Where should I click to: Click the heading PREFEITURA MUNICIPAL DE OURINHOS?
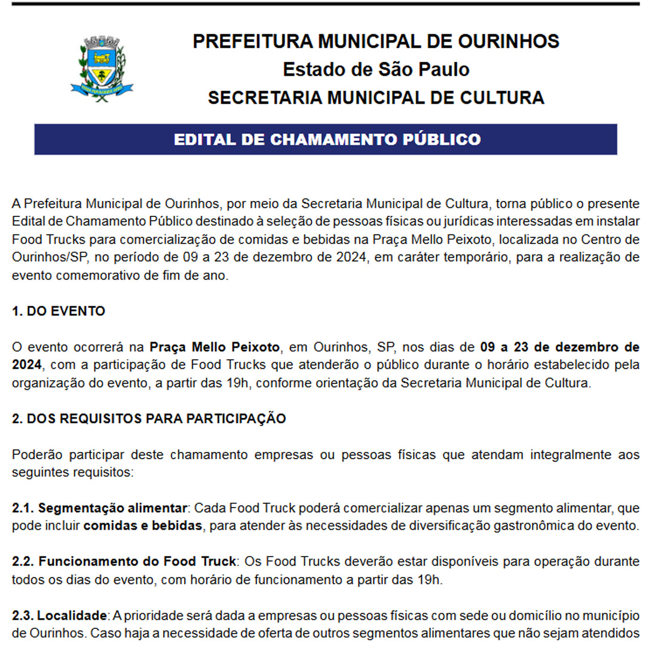coord(376,41)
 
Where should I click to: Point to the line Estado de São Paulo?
coord(376,69)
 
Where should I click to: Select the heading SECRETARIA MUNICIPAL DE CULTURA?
coord(376,97)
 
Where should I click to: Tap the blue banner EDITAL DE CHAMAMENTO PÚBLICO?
coord(326,139)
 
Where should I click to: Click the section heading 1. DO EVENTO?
coord(59,311)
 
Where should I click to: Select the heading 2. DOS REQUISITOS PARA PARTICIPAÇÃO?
coord(149,418)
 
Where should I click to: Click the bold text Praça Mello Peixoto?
coord(215,347)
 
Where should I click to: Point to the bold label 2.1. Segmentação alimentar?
coord(99,508)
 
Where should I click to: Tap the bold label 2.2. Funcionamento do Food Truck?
coord(124,561)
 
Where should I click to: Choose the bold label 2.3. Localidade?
coord(59,615)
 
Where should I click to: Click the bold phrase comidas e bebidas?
coord(143,526)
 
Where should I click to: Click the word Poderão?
coord(35,454)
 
